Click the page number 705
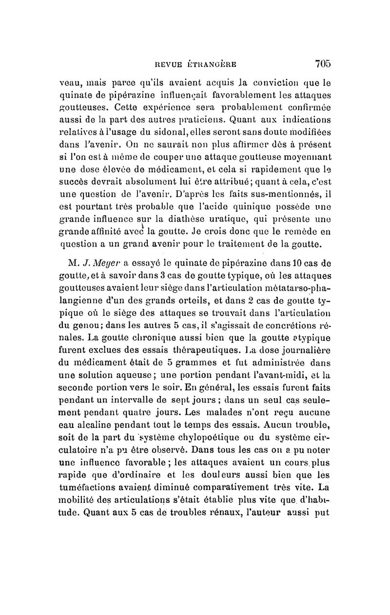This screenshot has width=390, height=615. [x=323, y=63]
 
